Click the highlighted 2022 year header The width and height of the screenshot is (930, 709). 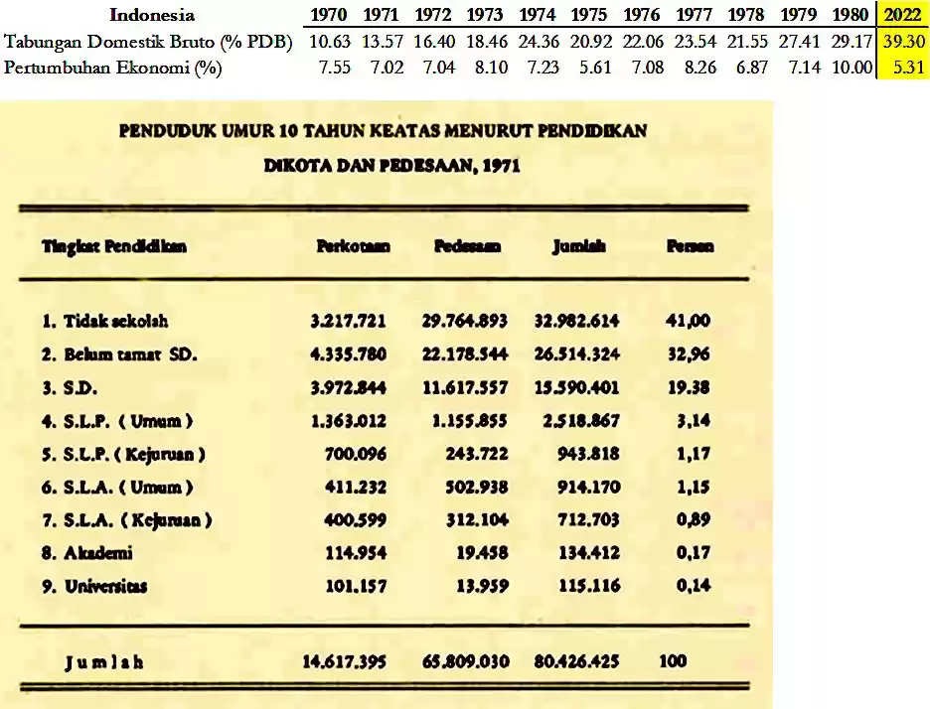pos(903,15)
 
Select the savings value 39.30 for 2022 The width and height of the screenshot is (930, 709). pos(903,42)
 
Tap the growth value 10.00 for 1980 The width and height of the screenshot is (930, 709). pos(852,69)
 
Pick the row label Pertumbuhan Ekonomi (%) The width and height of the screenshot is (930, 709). pos(112,69)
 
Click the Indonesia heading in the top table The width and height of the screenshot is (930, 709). pos(152,15)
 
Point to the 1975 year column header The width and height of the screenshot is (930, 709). pos(591,15)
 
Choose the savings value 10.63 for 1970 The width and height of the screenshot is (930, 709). pos(329,42)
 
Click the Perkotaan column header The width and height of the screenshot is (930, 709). pos(353,246)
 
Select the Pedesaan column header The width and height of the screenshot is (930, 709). pos(467,246)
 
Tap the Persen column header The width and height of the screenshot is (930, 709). pos(690,246)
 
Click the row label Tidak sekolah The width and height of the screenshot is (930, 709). pos(105,321)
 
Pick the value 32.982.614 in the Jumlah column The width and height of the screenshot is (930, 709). pos(576,321)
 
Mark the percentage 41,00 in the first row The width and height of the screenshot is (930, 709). pos(689,321)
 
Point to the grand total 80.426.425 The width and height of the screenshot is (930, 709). pos(576,660)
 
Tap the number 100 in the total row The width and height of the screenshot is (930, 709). pos(672,660)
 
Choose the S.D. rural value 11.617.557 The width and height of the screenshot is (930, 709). pos(465,387)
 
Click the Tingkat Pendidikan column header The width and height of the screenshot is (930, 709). pos(114,246)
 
